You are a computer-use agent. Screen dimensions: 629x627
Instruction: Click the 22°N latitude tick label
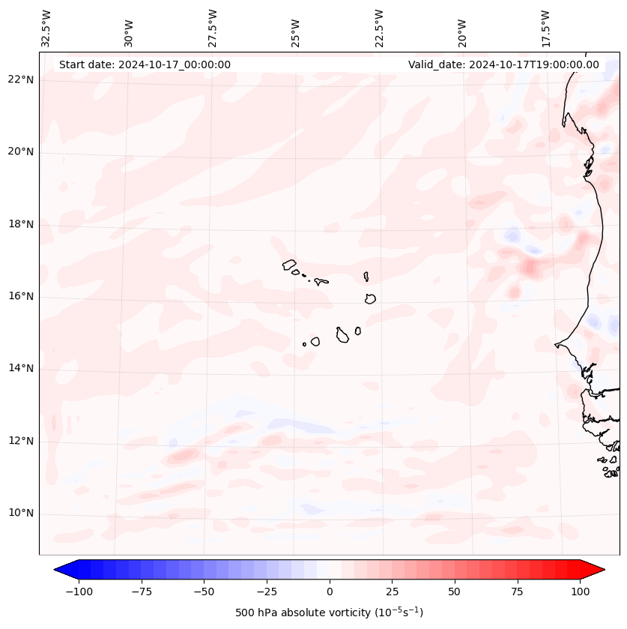[21, 80]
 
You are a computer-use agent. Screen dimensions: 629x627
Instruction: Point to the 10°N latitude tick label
[21, 514]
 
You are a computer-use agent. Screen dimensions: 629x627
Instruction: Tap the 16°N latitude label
[21, 297]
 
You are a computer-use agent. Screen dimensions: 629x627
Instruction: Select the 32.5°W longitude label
[46, 28]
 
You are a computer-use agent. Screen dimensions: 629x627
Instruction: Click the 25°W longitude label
[296, 29]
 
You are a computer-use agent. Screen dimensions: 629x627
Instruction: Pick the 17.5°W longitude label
[545, 28]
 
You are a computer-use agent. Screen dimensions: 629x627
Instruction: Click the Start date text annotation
[145, 64]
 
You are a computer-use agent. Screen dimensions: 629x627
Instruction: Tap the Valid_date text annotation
[503, 64]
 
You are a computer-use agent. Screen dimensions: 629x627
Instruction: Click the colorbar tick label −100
[79, 592]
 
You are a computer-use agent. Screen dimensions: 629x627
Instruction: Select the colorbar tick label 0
[330, 592]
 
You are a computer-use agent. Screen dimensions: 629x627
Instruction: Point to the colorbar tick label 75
[518, 592]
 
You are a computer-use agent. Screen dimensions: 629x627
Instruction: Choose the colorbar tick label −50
[205, 592]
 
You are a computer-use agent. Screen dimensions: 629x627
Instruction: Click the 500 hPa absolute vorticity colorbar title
[329, 613]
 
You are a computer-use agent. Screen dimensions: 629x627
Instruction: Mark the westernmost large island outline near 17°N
[289, 265]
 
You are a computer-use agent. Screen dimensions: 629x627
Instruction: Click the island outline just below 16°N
[370, 298]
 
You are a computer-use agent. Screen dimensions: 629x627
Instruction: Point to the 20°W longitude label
[462, 29]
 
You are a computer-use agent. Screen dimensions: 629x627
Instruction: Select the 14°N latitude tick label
[21, 369]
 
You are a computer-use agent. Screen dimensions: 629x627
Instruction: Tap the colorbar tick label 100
[581, 592]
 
